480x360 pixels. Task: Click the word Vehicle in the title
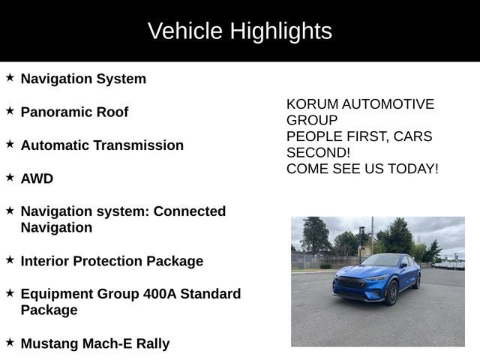coord(185,31)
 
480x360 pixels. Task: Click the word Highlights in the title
coord(280,31)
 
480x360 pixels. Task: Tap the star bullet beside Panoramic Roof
coord(10,111)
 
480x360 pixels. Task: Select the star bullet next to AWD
coord(10,178)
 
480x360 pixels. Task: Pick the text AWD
coord(37,178)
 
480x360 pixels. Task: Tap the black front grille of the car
coord(350,284)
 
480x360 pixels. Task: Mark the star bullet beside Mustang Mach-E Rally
coord(10,343)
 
